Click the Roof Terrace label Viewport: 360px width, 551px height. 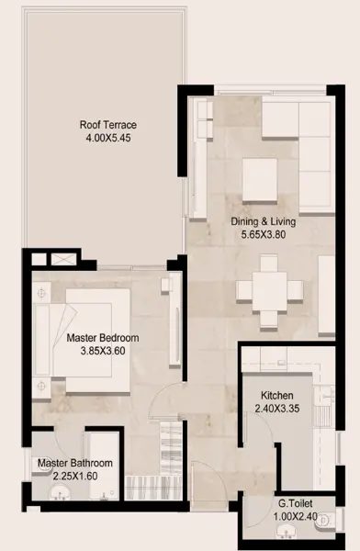108,125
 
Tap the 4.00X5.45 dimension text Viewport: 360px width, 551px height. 108,138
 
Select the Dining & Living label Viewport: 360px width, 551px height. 263,221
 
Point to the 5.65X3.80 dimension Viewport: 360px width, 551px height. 263,234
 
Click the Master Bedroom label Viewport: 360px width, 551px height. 103,338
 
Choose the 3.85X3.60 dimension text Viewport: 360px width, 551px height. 103,351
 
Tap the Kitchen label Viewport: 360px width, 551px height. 277,395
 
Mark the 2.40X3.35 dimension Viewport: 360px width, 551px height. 277,409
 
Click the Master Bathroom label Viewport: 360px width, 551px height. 75,463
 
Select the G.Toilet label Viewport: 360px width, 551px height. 296,503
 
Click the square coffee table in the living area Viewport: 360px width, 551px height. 260,180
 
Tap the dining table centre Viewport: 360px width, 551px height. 269,291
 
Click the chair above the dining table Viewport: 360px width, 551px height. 269,263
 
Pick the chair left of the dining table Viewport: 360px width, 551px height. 244,291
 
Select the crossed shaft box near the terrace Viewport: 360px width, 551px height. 63,259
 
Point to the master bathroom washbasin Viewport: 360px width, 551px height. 60,491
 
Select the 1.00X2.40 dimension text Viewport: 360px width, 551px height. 296,516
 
